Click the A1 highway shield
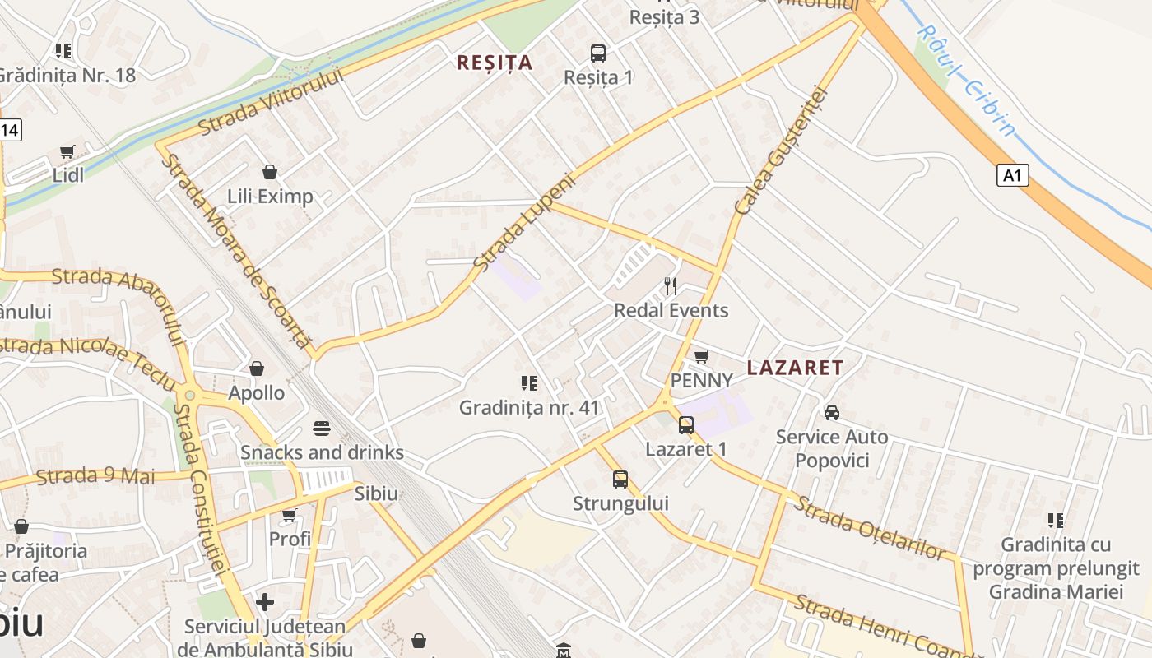coord(1013,175)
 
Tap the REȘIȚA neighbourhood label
coord(495,63)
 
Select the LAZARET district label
coord(795,368)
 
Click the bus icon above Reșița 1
coord(598,53)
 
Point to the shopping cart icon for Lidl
coord(67,152)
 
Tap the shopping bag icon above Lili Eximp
coord(269,172)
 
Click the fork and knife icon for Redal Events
coord(671,286)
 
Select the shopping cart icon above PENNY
coord(701,356)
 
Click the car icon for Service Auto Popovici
coord(832,412)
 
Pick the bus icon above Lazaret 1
coord(685,425)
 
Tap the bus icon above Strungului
coord(620,479)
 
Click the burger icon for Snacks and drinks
coord(321,429)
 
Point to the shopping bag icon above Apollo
coord(257,368)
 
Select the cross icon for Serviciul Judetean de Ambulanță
coord(264,602)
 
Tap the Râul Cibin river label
coord(966,80)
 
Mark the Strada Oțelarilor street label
coord(869,528)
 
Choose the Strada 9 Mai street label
coord(95,476)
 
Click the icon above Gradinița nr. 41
coord(528,383)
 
